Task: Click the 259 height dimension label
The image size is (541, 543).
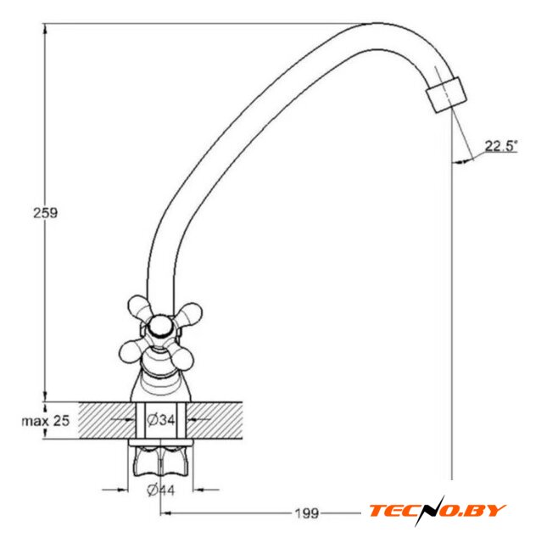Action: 45,213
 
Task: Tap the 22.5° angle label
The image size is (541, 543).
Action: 500,146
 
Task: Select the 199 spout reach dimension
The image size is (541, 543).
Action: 307,512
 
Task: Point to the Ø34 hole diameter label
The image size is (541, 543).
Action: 161,420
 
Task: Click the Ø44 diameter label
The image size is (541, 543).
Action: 161,490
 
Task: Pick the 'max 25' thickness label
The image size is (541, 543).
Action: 46,421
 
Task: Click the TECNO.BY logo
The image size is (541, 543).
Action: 437,511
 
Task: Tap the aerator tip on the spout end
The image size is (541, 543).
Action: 447,95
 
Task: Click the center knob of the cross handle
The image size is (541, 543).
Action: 160,326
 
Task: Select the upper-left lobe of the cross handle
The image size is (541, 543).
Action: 139,305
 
